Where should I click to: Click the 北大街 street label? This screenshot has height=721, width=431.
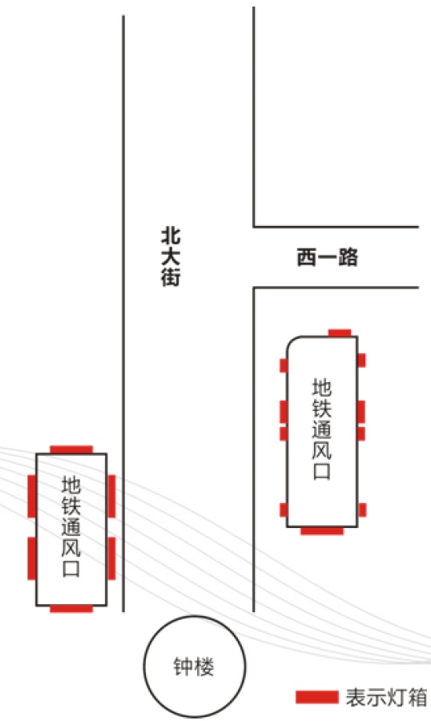170,257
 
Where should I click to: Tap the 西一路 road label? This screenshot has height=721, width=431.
327,257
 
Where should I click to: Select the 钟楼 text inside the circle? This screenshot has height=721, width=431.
194,667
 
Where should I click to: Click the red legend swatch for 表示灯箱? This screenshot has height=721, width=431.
316,697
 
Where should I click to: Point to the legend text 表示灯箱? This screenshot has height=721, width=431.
386,697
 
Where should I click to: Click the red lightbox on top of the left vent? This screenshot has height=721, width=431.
71,449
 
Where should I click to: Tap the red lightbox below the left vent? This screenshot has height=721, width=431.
71,609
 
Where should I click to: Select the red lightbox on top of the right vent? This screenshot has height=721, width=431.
340,333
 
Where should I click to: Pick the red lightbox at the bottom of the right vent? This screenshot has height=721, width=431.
322,531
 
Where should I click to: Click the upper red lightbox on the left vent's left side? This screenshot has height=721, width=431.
32,497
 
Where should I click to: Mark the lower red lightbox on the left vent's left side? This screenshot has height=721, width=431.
32,558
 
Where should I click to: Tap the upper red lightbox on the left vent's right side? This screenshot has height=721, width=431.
111,497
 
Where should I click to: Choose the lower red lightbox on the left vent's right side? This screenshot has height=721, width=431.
111,558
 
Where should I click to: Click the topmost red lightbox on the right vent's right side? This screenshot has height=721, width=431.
361,360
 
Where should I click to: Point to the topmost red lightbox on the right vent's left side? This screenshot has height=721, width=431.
284,365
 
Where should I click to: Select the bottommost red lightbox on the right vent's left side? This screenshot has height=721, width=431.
284,510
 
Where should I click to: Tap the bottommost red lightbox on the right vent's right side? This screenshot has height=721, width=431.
362,510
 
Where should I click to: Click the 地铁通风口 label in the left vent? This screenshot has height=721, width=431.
71,526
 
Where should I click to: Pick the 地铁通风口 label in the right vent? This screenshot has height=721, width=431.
322,429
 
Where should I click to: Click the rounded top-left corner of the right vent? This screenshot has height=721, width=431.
292,341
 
